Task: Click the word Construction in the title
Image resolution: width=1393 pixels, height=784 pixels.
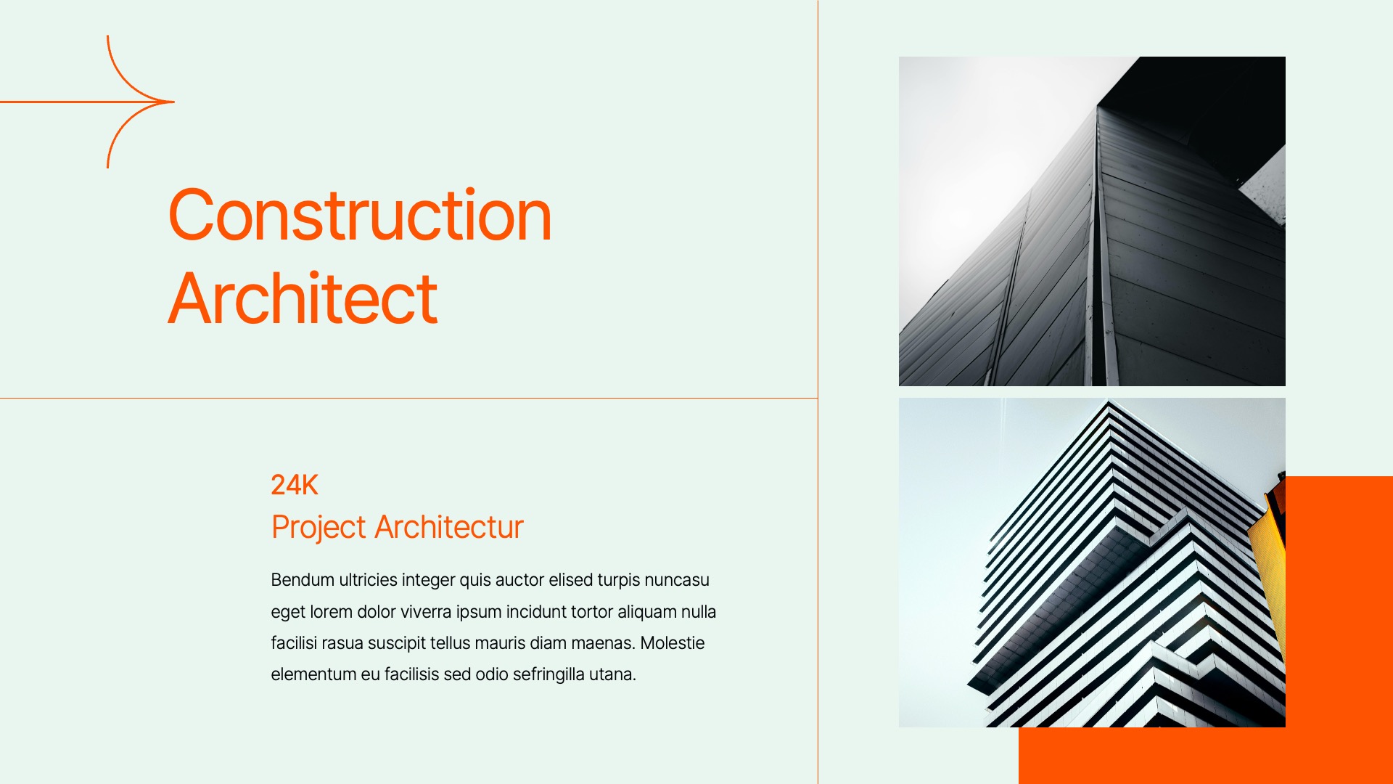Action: tap(360, 216)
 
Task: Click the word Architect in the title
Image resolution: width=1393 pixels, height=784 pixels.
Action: tap(303, 298)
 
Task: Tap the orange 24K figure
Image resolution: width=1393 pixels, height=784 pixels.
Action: tap(294, 485)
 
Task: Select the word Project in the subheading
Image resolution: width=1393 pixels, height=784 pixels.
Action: tap(319, 527)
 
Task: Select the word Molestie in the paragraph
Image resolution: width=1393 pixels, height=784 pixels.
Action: tap(672, 643)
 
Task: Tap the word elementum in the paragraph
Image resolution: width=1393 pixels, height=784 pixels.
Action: tap(313, 674)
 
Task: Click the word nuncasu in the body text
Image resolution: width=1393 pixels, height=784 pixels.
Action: tap(676, 580)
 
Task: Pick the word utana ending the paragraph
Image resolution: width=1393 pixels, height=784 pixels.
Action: tap(611, 674)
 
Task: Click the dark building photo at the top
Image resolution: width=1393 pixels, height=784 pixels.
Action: tap(1092, 221)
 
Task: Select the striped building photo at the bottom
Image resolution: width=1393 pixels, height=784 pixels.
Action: tap(1092, 563)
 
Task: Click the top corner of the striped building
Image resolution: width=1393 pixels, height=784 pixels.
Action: tap(1109, 404)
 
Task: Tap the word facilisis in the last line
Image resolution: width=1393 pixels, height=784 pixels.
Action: tap(411, 674)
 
